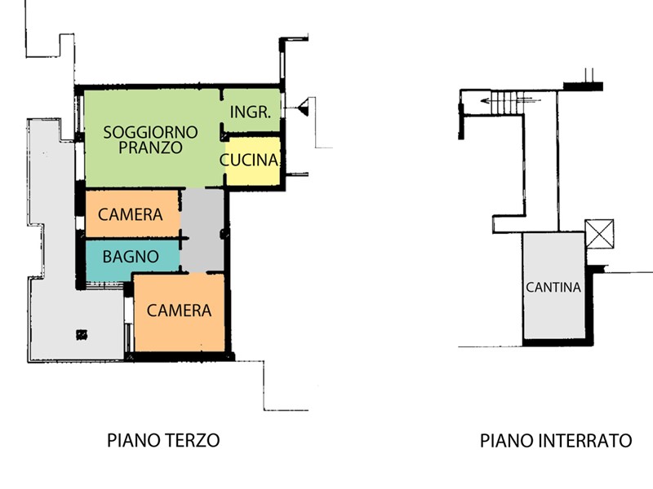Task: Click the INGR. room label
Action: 251,112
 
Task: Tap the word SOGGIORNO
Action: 150,132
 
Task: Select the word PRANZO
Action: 150,148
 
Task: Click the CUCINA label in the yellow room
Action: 249,160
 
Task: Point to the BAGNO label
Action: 131,257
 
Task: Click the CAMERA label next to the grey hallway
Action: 131,214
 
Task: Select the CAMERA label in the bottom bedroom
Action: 179,311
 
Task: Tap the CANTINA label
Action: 553,287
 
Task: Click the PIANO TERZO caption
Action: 163,440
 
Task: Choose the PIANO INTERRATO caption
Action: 556,440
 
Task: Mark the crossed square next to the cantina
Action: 599,234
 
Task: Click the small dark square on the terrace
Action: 82,334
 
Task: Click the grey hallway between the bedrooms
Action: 202,231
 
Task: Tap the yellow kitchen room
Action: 253,161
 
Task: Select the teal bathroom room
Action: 132,260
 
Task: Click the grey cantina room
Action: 554,286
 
